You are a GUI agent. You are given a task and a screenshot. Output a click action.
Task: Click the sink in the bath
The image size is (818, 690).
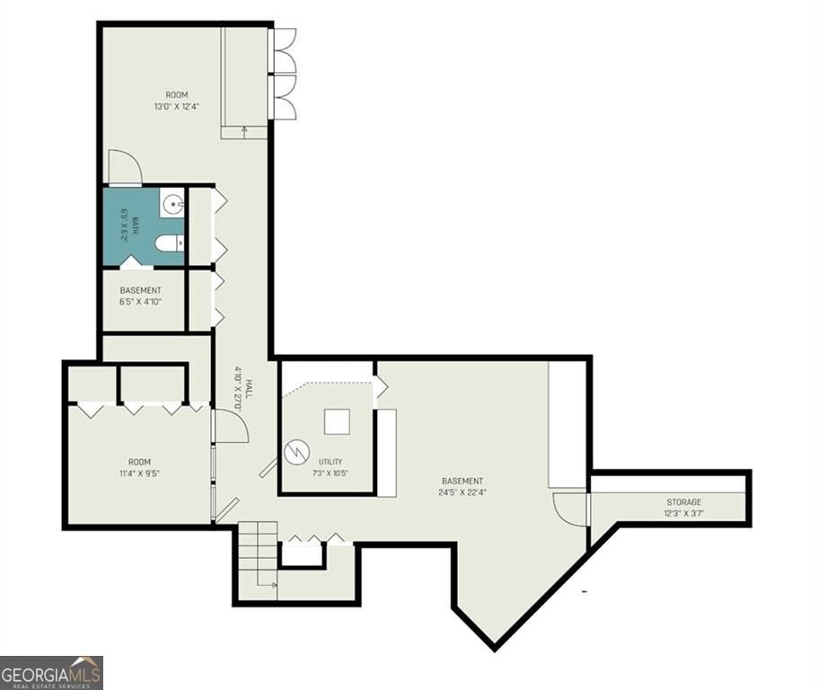click(x=172, y=202)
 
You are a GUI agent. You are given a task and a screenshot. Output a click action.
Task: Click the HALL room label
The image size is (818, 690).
click(x=249, y=389)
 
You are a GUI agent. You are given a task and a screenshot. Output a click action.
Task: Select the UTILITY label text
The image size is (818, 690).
click(x=330, y=462)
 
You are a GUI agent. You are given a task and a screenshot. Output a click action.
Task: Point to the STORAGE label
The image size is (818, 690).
click(x=684, y=502)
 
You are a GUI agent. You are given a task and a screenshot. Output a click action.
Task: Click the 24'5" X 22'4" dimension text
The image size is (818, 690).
click(x=462, y=492)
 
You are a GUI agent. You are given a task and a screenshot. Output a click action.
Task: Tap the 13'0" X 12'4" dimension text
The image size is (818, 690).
click(x=177, y=107)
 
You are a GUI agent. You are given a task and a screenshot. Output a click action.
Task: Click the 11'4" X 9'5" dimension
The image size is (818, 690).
click(x=139, y=473)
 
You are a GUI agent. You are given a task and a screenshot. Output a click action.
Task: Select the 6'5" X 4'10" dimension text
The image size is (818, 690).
click(x=140, y=301)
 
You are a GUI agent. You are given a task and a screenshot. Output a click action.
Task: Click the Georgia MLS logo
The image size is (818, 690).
click(x=51, y=673)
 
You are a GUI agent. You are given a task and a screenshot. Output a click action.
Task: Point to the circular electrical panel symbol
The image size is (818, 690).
click(x=297, y=452)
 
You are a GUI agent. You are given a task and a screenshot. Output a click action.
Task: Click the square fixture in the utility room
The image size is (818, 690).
click(x=337, y=421)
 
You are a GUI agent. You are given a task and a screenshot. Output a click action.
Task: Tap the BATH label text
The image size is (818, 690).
click(x=136, y=225)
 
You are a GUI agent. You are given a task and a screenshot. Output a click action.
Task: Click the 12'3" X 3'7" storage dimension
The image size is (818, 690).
click(x=684, y=513)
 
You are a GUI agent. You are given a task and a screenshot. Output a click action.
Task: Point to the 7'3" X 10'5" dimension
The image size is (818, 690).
click(x=330, y=473)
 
